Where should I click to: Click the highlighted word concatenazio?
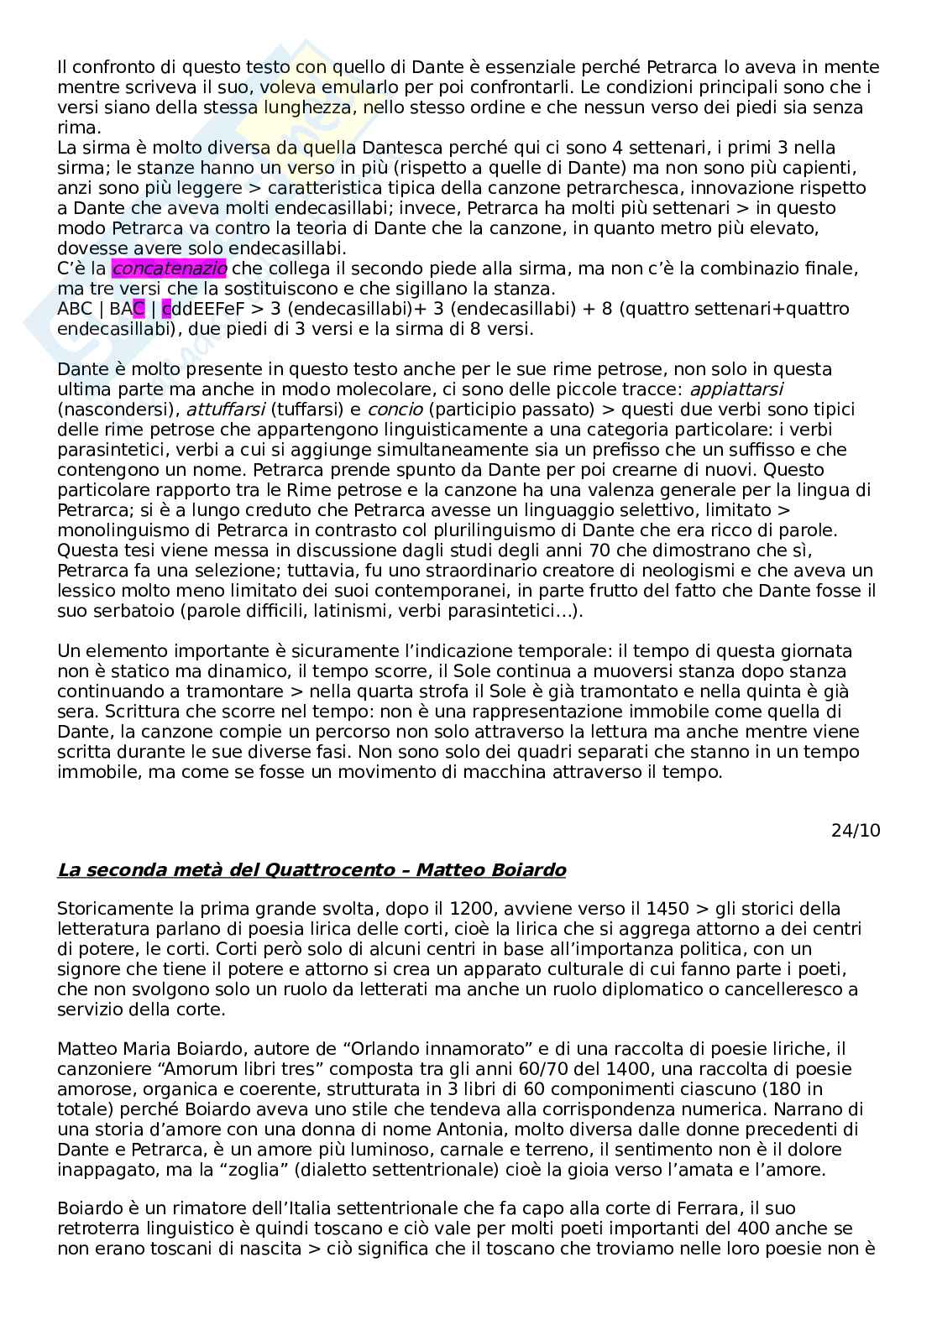point(169,269)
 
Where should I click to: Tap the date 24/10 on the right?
point(856,831)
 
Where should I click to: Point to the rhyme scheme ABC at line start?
point(75,309)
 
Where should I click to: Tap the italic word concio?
point(389,409)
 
